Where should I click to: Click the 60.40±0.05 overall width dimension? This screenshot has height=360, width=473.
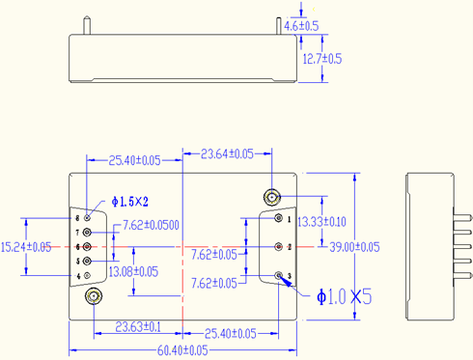(182, 350)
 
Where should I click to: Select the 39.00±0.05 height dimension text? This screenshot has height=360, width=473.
(354, 247)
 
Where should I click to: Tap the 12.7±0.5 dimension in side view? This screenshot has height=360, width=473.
(322, 59)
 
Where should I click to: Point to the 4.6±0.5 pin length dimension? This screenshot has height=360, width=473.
(301, 26)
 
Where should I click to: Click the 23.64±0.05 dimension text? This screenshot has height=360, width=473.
(227, 154)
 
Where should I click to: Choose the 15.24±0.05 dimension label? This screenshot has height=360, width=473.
(26, 247)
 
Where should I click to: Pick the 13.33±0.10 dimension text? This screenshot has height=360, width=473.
(321, 222)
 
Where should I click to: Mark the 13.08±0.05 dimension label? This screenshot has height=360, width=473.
(133, 272)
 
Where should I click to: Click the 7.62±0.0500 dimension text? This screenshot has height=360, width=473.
(151, 225)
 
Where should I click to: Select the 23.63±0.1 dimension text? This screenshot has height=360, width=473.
(138, 327)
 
